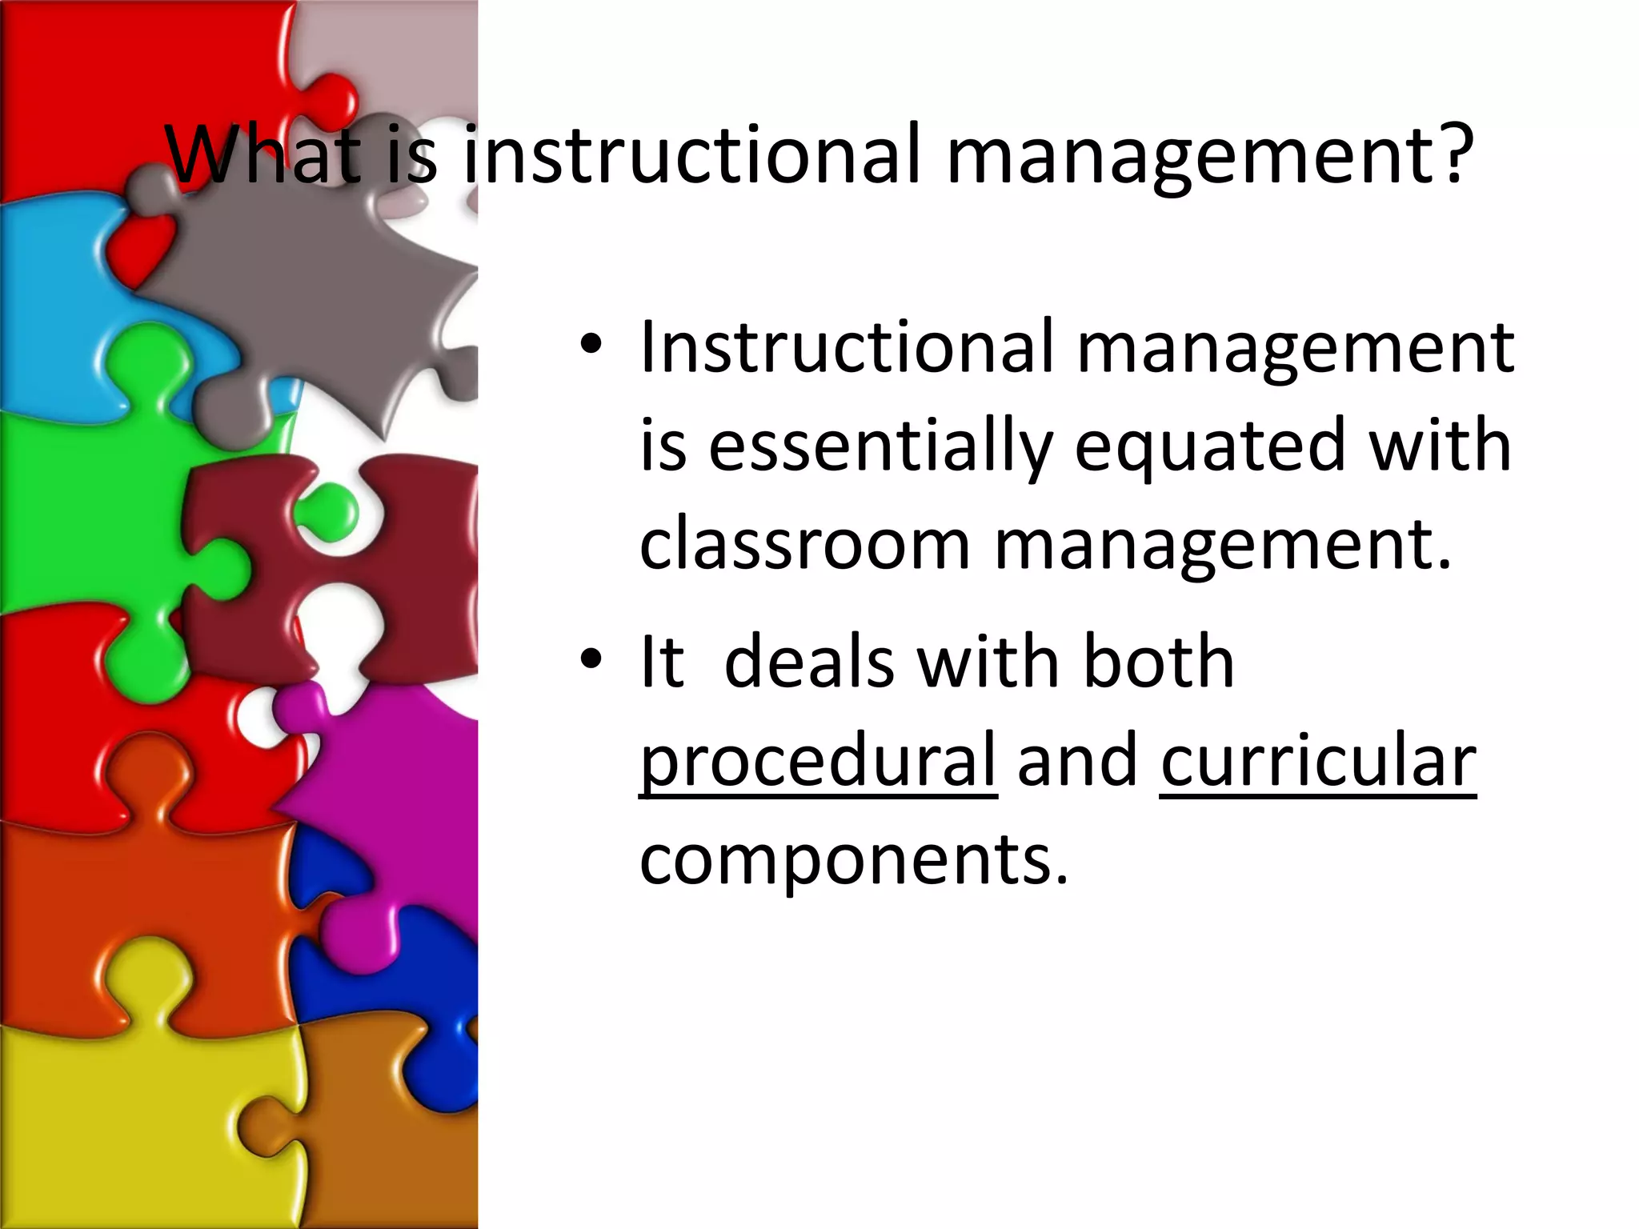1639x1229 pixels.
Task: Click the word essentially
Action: (880, 446)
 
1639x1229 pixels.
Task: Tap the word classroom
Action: (804, 545)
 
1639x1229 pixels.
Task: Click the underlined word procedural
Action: (818, 760)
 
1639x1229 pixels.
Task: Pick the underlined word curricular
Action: (1317, 760)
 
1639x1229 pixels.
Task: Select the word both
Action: (1157, 662)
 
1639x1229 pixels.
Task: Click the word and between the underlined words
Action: (1077, 760)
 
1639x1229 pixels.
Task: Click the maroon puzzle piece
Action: (400, 560)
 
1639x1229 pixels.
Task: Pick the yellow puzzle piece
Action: (120, 1120)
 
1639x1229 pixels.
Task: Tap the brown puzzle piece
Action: (384, 1144)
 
